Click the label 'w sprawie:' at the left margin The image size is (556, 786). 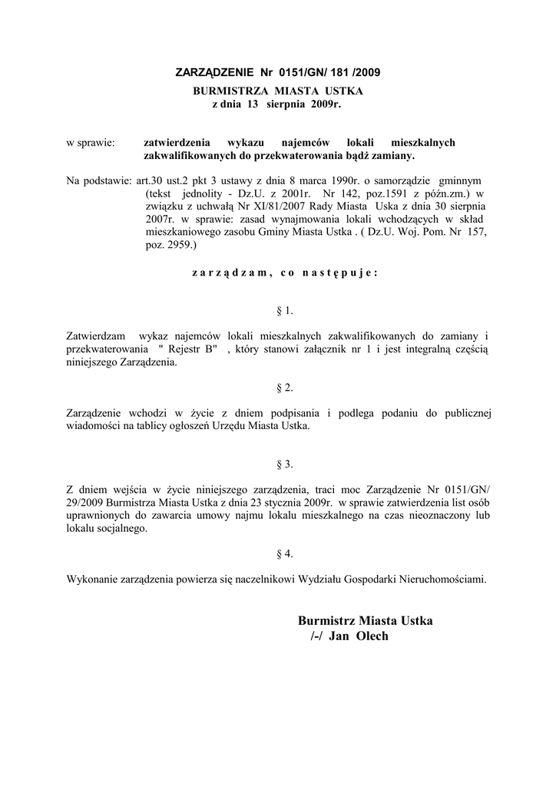[91, 142]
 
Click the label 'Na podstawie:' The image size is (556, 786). [100, 181]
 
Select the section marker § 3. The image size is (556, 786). [284, 464]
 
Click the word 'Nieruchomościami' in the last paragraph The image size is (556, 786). [442, 580]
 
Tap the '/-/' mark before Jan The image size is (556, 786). [316, 636]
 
